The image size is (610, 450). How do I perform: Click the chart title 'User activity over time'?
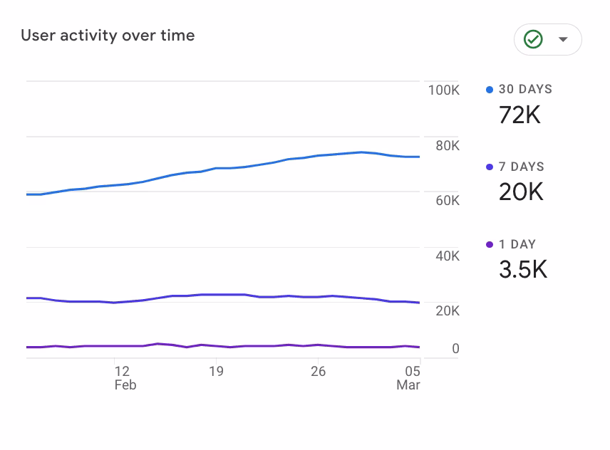coord(108,36)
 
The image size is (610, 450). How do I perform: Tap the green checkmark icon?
coord(533,39)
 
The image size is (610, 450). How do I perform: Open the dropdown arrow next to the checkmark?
coord(563,39)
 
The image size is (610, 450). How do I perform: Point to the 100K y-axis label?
coord(443,90)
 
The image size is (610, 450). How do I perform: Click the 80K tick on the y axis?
coord(447,146)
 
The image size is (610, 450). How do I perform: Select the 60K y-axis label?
coord(447,201)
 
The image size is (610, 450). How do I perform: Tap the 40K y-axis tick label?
coord(447,256)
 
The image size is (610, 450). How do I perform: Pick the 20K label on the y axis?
coord(447,311)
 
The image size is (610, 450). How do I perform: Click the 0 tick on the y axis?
coord(455,349)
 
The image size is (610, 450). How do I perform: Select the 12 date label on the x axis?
coord(122,371)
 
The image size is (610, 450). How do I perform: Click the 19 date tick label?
coord(216,371)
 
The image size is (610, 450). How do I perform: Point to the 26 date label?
coord(318,371)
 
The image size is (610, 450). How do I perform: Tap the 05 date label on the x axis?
coord(413,371)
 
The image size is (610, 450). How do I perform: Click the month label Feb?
coord(125,385)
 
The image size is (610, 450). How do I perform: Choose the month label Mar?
coord(408,385)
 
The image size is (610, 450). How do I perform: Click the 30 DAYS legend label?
coord(525,90)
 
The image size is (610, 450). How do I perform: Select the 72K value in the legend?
coord(519,115)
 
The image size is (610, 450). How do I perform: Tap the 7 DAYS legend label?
coord(521,167)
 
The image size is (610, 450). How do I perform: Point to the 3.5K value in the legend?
coord(522,269)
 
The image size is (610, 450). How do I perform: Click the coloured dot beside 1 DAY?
coord(490,245)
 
